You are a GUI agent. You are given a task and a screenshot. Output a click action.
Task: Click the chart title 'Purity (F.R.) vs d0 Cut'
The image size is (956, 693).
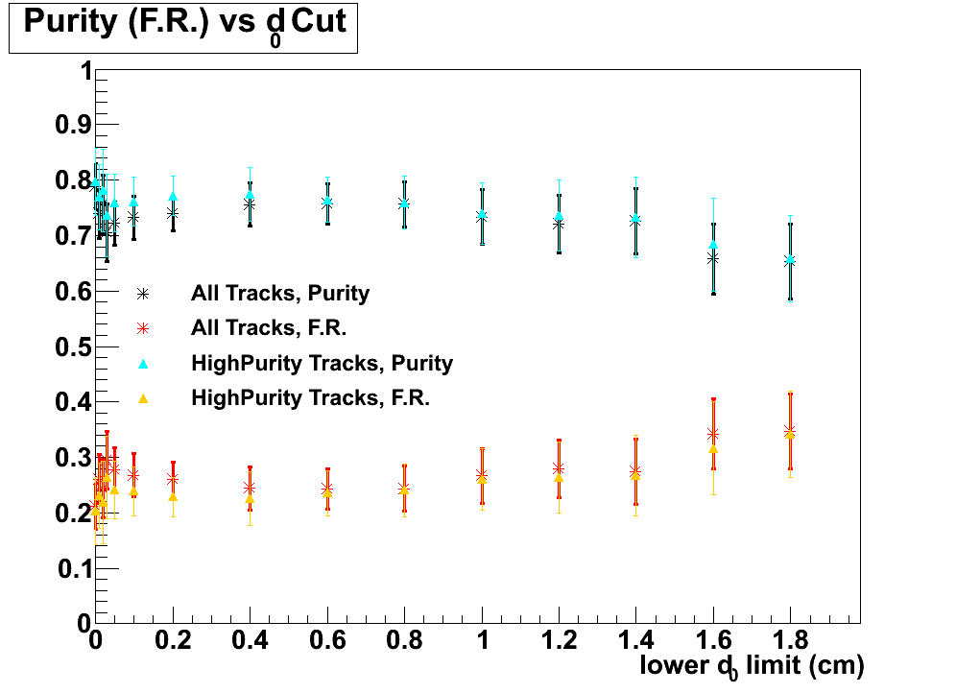tap(183, 25)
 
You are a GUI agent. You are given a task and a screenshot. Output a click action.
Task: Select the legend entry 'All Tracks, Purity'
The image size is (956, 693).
tap(280, 294)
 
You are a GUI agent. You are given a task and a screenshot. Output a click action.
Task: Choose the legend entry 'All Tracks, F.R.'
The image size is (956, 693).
tap(268, 328)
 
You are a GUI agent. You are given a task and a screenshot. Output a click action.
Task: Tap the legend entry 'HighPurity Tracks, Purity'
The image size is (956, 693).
tap(322, 364)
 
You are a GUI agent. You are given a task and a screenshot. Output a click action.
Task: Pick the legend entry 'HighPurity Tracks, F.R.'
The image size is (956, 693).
tap(310, 397)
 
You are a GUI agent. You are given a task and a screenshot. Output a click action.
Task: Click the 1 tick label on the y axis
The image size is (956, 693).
tap(85, 72)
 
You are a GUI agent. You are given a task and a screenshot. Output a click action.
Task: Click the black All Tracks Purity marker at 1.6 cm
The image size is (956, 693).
tap(712, 258)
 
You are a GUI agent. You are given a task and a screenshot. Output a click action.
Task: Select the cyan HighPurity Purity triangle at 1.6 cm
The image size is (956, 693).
tap(712, 245)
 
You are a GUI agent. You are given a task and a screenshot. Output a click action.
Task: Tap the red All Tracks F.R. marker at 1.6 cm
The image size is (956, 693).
tap(712, 434)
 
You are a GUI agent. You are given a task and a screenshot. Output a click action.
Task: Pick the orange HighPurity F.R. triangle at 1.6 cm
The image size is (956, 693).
tap(712, 449)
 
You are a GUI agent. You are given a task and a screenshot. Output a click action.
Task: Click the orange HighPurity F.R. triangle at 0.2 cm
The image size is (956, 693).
tap(173, 496)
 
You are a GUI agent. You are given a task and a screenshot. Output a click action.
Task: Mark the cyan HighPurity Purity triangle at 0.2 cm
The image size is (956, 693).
tap(173, 197)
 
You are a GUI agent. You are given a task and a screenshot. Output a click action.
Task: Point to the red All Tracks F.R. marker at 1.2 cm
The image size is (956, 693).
tap(559, 468)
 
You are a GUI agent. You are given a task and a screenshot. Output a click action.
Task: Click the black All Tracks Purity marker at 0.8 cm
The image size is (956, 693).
tap(404, 203)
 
